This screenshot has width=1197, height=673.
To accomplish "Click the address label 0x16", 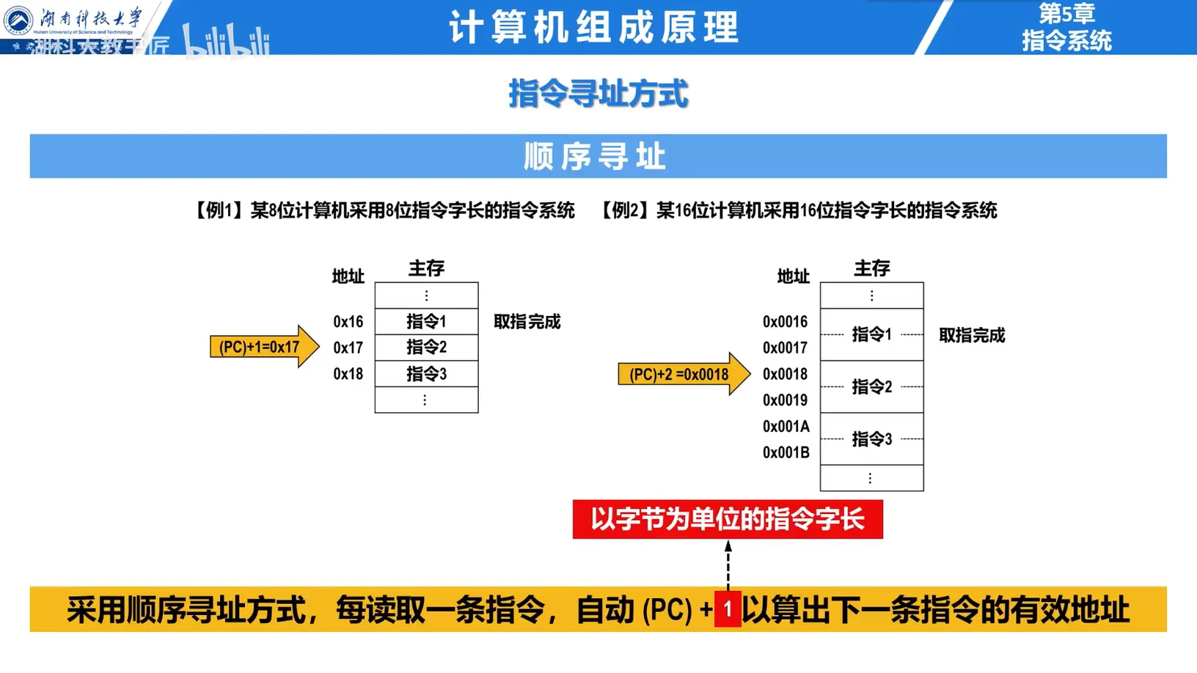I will coord(348,322).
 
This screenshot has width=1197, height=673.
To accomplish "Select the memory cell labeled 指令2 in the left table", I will coord(426,347).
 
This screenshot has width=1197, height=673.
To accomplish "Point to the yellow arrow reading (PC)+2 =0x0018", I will coord(683,374).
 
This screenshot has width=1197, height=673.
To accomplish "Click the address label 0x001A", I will coord(786,427).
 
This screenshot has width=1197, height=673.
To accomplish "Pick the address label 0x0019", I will coord(785,400).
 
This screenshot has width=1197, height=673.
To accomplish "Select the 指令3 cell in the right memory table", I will coord(871,439).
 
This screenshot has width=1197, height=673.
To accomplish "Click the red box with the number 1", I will coord(728,609).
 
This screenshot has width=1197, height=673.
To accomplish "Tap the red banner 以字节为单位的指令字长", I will coord(728,519).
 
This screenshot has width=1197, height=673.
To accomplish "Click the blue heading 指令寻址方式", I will coord(598,94).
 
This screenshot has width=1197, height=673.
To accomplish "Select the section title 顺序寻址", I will coord(595,156).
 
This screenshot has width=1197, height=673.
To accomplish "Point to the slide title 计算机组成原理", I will coord(594,28).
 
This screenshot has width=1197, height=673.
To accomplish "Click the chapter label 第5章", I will coord(1066,13).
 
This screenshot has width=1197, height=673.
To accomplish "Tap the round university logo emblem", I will coord(18,20).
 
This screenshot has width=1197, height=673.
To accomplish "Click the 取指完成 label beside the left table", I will coord(527,322).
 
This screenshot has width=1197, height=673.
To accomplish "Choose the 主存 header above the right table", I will coord(871,268).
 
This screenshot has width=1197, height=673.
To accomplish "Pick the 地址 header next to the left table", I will coord(348,276).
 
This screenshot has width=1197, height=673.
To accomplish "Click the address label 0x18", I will coord(348,374).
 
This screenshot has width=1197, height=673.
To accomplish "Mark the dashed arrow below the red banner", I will coord(728,564).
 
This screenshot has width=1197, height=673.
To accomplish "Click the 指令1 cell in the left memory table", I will coord(426,321).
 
